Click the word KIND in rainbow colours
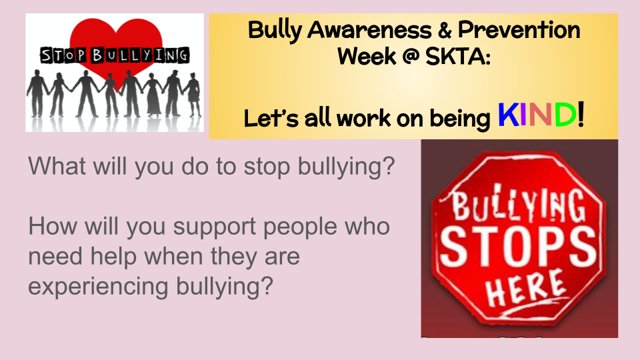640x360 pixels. (x=537, y=115)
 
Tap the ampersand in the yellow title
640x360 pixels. (x=445, y=30)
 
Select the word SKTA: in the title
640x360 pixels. (x=457, y=56)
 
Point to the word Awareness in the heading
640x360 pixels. (x=369, y=30)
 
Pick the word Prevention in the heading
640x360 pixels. (x=519, y=30)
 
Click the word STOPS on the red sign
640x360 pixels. (x=517, y=246)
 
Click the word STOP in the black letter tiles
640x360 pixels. (x=63, y=55)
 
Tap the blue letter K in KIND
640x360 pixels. (x=508, y=115)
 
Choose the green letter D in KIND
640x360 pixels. (x=565, y=115)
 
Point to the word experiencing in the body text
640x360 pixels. (x=98, y=287)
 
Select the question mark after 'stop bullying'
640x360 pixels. (x=388, y=165)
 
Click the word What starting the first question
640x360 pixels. (x=57, y=166)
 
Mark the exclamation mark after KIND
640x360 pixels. (x=581, y=114)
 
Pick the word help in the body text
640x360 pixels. (x=113, y=256)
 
